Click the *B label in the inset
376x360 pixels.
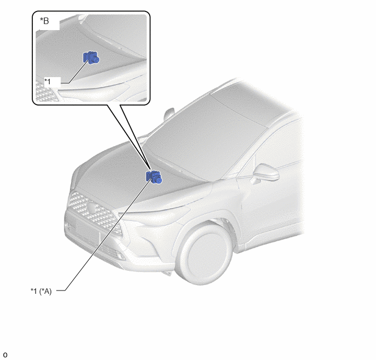click(44, 21)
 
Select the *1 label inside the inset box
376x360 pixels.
click(48, 82)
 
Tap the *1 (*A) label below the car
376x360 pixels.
click(41, 291)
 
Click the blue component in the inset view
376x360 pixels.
click(91, 57)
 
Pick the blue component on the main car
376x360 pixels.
click(154, 177)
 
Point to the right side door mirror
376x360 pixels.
click(266, 173)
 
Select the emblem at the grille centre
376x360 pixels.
click(91, 207)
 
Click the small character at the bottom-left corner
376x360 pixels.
click(5, 355)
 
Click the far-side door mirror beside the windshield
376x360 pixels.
click(169, 114)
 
